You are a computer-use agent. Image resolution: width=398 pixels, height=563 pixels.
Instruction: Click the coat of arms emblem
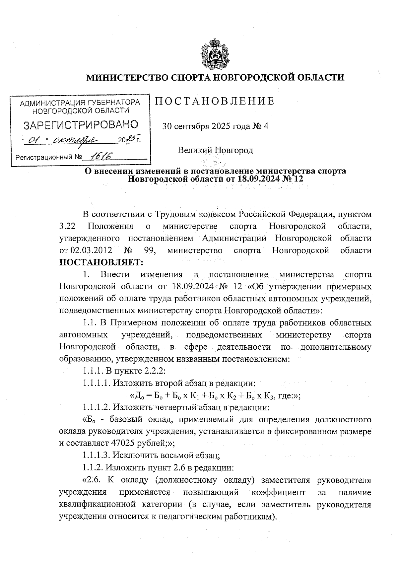coord(215,54)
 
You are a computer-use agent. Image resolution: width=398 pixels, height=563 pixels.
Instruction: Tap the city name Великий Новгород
coord(215,150)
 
